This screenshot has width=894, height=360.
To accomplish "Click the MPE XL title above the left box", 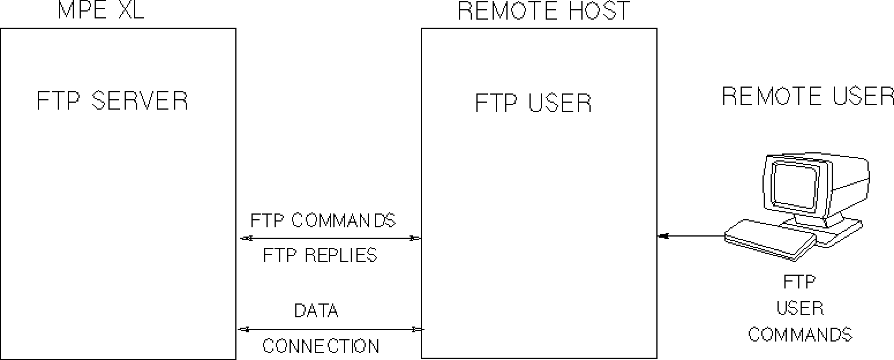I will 101,10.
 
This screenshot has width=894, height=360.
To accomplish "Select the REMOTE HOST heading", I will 544,10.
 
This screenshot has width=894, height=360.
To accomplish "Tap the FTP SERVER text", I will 112,101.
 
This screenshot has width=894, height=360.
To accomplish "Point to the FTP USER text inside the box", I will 534,103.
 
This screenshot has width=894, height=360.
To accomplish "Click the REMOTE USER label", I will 807,96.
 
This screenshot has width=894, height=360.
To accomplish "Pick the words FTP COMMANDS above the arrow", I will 323,220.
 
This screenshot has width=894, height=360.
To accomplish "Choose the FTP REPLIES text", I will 320,255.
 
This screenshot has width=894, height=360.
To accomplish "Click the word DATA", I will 316,311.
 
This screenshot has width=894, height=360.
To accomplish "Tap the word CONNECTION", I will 321,346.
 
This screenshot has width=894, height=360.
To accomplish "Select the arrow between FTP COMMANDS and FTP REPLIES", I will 330,238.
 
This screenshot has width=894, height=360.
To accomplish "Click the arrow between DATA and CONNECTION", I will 330,329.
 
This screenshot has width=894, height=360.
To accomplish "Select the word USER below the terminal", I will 800,309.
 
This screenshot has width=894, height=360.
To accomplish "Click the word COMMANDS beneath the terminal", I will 800,335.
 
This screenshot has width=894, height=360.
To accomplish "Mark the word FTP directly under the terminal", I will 799,283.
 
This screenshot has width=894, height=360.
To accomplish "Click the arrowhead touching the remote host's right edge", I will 662,235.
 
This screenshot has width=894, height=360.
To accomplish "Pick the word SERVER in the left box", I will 140,101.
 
